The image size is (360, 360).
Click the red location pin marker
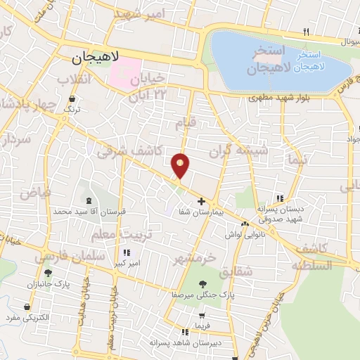(181, 166)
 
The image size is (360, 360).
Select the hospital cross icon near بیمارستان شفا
(201, 201)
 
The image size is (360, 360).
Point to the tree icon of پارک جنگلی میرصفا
(202, 284)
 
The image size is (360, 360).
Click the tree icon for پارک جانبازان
(49, 273)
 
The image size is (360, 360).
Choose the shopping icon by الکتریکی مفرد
(27, 307)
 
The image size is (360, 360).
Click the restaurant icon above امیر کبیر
(126, 253)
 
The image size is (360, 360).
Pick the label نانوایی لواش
(243, 234)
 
